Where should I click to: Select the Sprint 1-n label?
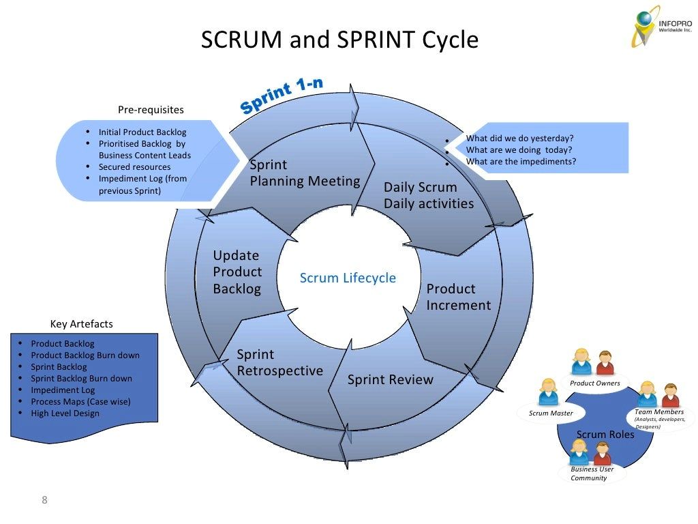(282, 96)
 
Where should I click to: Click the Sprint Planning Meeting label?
(305, 173)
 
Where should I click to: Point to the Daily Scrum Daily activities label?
(428, 195)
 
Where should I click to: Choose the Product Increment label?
(458, 297)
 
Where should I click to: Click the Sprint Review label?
(390, 380)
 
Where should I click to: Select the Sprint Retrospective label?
(279, 363)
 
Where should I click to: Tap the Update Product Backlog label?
(237, 272)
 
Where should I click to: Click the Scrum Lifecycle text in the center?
(348, 278)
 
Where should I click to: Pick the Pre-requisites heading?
(151, 110)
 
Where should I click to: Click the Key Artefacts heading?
(82, 324)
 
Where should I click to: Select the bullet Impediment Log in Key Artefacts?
(63, 390)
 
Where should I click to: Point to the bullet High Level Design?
(65, 413)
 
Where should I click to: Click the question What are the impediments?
(521, 162)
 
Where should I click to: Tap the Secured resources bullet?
(134, 167)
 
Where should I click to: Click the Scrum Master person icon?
(548, 392)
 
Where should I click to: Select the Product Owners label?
(595, 383)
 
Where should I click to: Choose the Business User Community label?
(592, 474)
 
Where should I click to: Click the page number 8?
(45, 501)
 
